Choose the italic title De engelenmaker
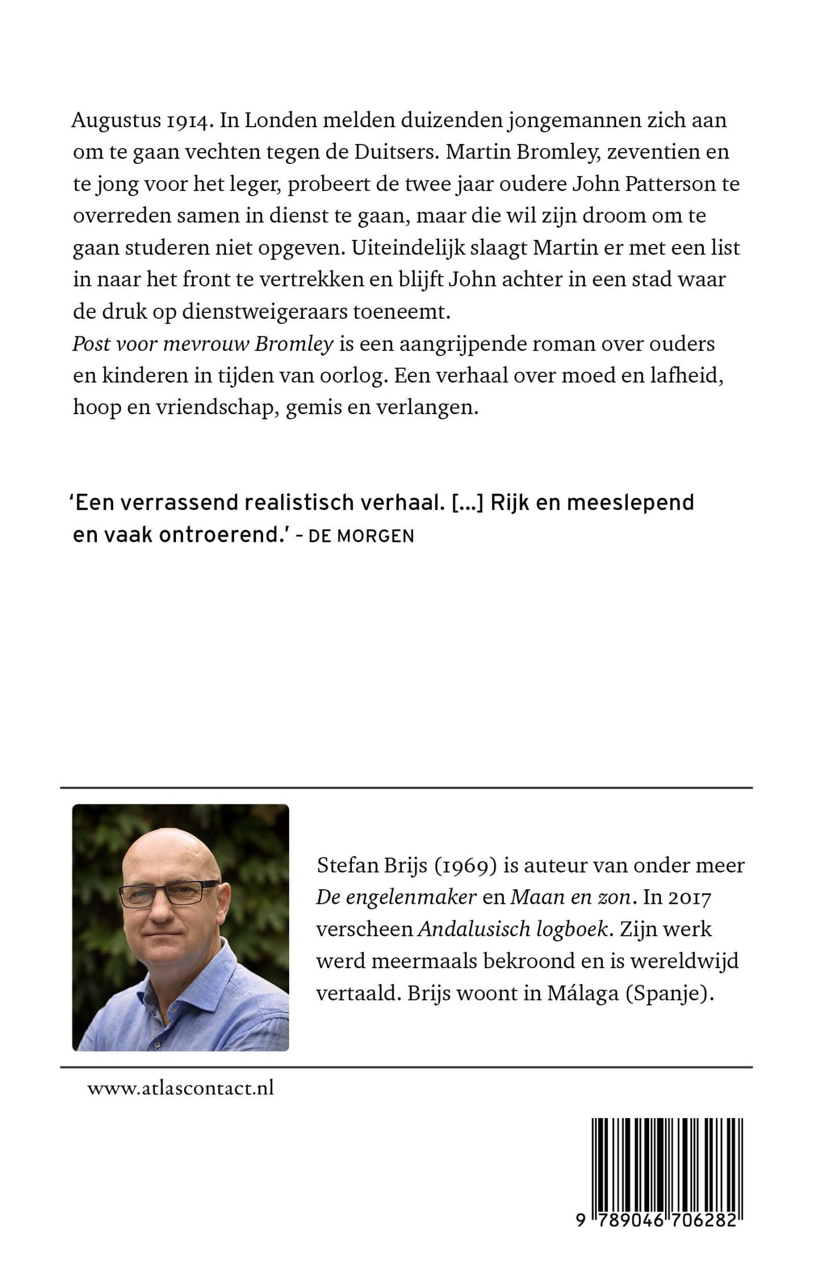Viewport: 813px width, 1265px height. (x=396, y=897)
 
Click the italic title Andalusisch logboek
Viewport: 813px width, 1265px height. (x=513, y=929)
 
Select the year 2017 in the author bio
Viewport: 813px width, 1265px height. (x=689, y=898)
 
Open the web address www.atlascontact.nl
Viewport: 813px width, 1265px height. (x=181, y=1088)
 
